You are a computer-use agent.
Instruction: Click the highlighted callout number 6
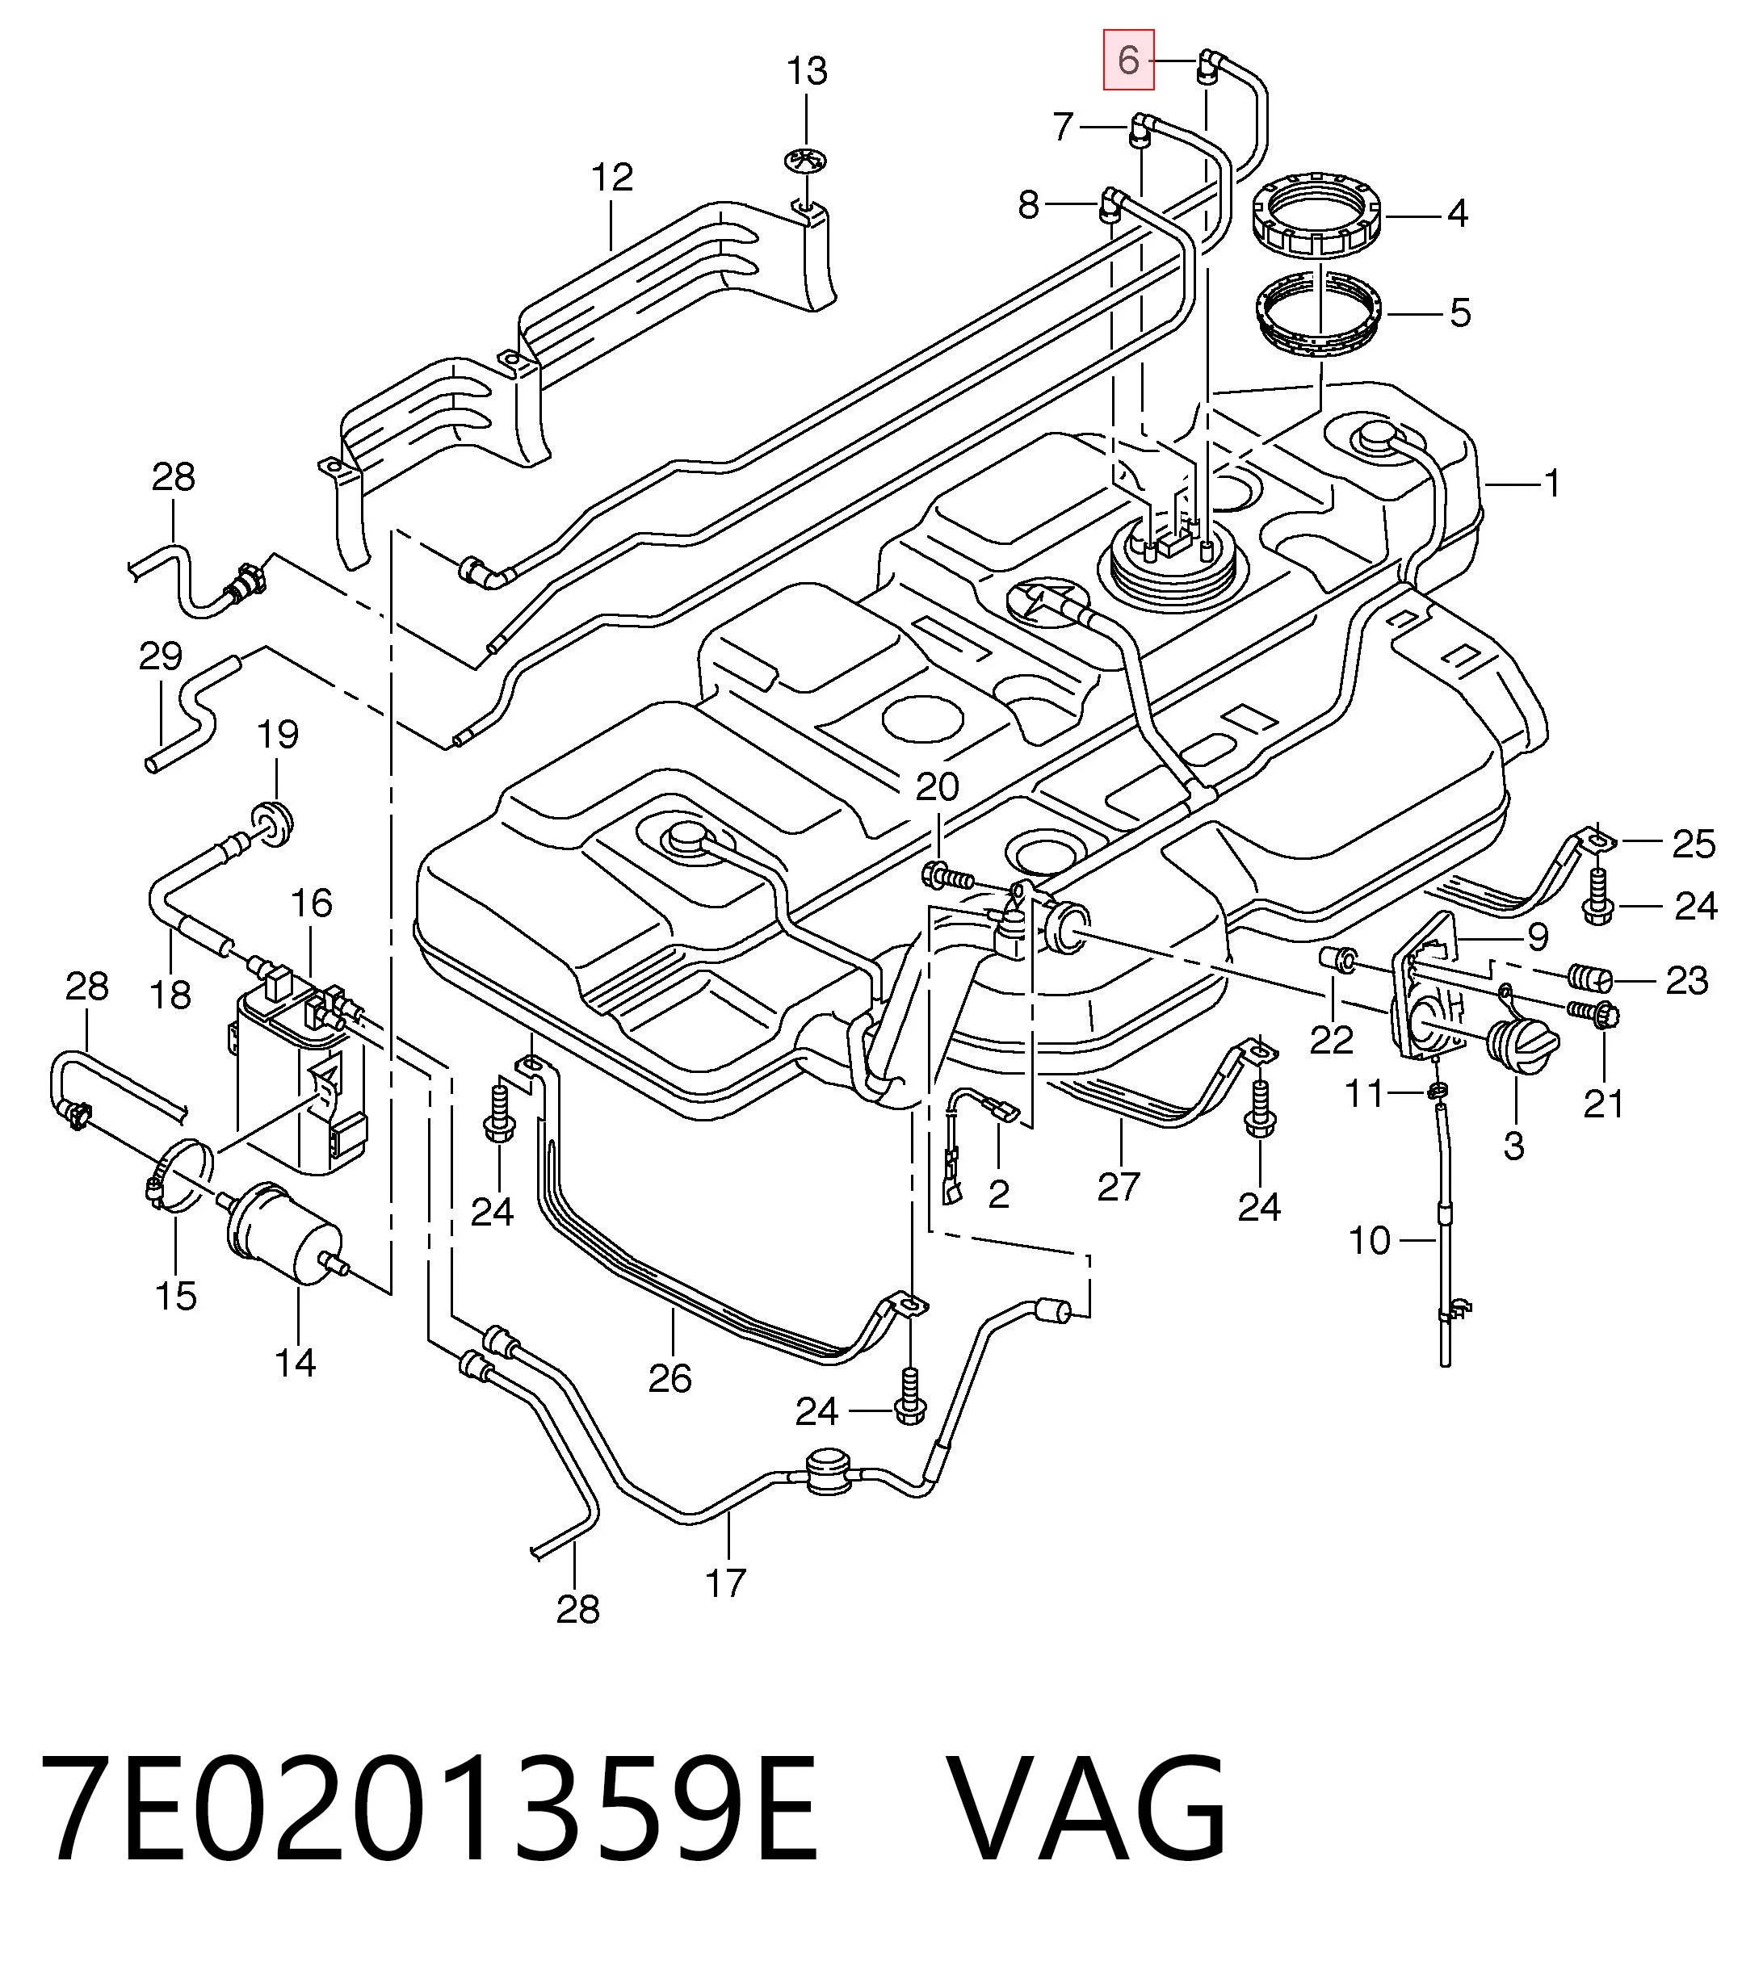pos(1128,60)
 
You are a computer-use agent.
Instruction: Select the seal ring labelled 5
pos(1321,316)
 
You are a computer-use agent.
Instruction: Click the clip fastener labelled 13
pos(806,161)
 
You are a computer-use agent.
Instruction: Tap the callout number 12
pos(612,178)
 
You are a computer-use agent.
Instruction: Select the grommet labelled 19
pos(272,821)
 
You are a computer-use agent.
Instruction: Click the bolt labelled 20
pos(947,878)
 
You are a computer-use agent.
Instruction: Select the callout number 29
pos(161,656)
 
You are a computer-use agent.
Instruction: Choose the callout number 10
pos(1370,1240)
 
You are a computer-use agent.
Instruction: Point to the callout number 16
pos(311,903)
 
